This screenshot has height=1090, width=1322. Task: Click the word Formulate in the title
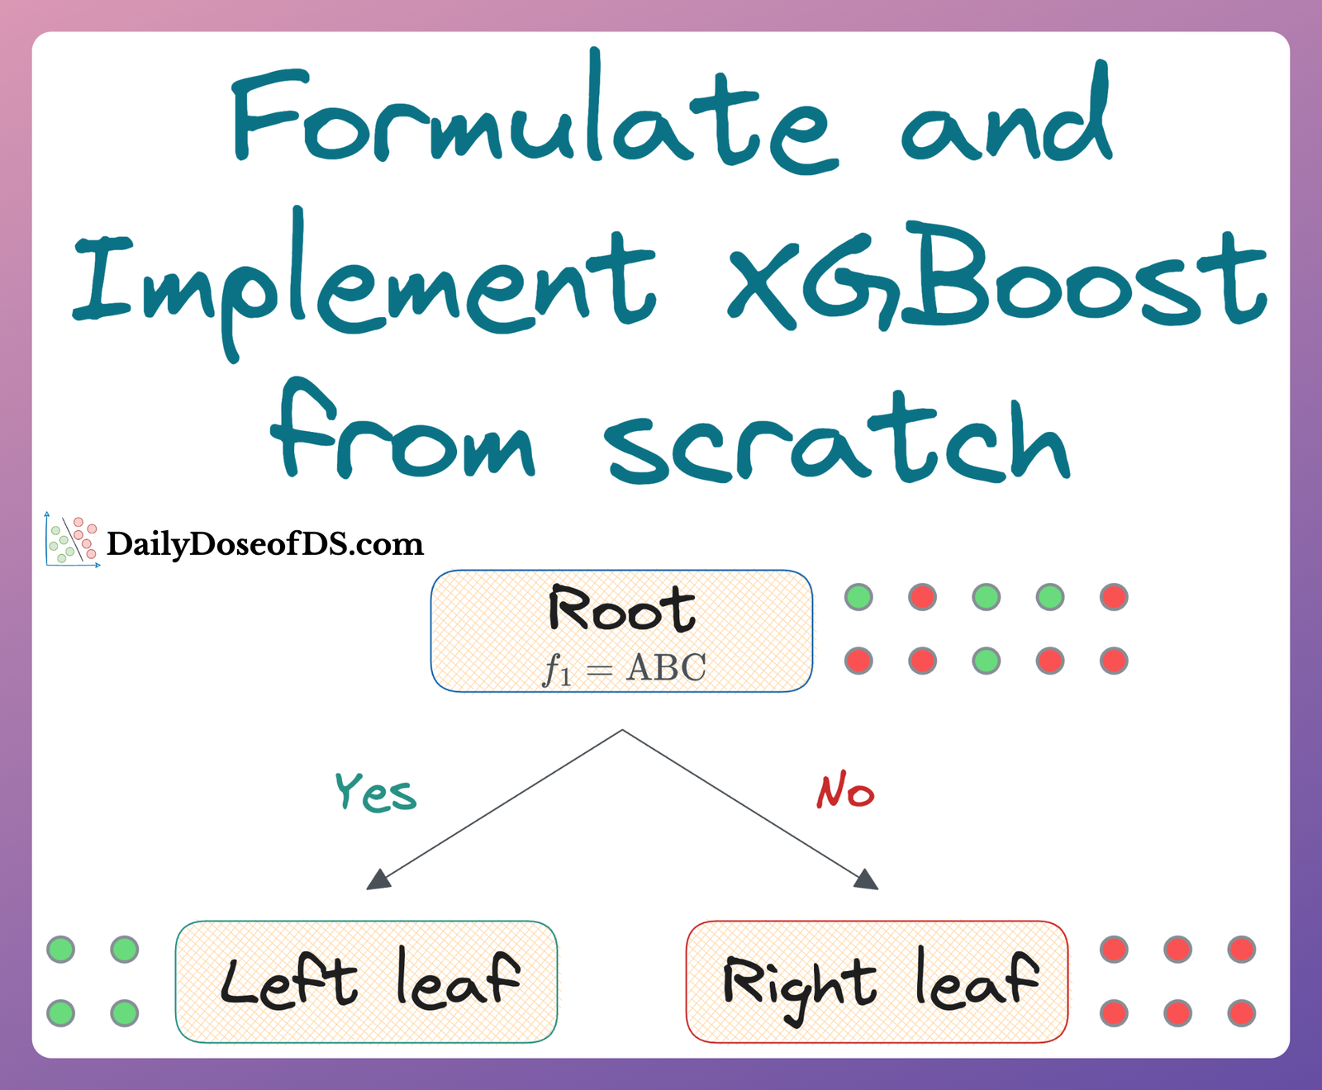[533, 120]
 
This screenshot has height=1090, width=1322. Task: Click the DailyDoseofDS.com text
[264, 544]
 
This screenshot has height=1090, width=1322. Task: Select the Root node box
[621, 630]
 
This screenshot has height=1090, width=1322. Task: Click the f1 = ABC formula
[625, 668]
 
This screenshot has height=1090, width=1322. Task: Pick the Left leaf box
[366, 981]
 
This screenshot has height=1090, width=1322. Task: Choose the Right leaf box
[877, 981]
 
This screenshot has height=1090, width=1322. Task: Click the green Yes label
[375, 793]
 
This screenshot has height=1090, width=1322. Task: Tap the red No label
[844, 790]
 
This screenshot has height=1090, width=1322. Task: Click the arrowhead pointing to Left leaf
[378, 880]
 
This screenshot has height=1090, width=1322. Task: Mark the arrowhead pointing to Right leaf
[866, 880]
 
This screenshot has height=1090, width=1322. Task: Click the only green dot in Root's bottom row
[987, 661]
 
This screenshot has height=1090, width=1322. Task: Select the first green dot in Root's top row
[858, 597]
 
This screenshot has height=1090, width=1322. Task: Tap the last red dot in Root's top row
[1114, 597]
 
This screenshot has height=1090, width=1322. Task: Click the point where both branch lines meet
[622, 730]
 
